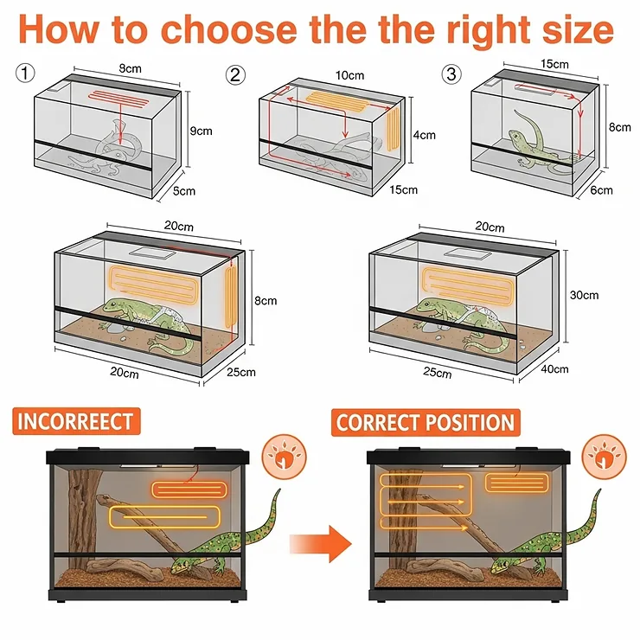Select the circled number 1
(24, 74)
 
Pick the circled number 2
(235, 75)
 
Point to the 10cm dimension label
(350, 75)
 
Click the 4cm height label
(422, 135)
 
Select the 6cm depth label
(602, 190)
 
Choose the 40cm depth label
(555, 369)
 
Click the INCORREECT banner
(75, 422)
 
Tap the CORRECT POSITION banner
(425, 423)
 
